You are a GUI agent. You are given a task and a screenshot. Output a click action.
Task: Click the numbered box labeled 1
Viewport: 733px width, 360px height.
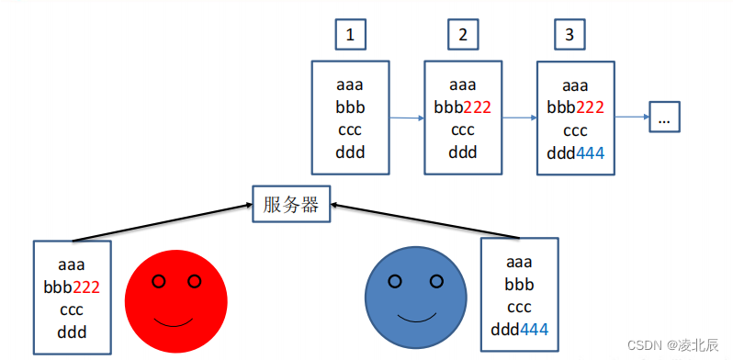[x=349, y=36]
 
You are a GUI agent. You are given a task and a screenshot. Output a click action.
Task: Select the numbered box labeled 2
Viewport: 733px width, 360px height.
[x=462, y=36]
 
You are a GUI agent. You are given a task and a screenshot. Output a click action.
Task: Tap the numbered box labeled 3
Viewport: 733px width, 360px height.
[x=569, y=36]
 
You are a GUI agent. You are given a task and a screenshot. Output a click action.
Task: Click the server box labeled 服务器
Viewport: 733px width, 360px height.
[x=290, y=205]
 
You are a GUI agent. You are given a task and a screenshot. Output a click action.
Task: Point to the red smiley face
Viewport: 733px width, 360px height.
[x=175, y=302]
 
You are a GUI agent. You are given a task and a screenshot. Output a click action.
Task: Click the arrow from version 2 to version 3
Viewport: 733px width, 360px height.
[x=519, y=118]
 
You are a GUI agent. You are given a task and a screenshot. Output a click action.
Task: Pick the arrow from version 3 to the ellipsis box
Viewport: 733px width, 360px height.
[x=632, y=118]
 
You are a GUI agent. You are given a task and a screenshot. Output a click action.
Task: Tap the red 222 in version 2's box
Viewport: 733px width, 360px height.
[x=477, y=107]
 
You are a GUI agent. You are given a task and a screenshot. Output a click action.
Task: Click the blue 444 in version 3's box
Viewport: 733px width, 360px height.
[x=590, y=152]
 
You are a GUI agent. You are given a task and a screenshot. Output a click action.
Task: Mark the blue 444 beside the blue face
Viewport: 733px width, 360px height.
[x=534, y=329]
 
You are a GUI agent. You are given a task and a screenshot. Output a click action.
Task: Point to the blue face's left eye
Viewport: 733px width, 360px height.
[x=395, y=282]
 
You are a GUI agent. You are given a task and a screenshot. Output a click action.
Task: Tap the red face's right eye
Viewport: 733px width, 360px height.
[x=194, y=280]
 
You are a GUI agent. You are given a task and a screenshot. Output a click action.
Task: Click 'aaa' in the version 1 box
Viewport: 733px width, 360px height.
[x=349, y=84]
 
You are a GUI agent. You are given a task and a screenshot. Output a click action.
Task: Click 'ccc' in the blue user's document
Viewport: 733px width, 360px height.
[x=519, y=306]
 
